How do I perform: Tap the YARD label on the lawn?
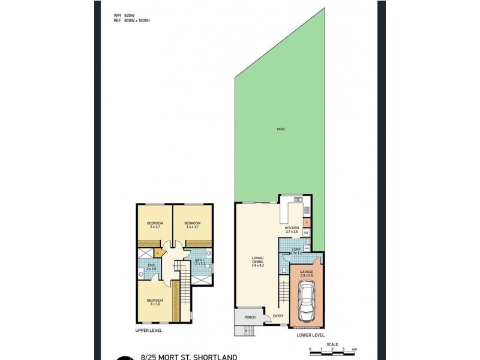(x=280, y=129)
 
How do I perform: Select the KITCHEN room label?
(x=292, y=229)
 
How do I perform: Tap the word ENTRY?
(x=277, y=316)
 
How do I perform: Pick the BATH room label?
(x=199, y=261)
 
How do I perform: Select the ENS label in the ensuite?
(x=151, y=267)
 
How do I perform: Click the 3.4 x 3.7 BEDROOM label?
(x=193, y=224)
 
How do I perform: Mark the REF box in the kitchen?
(x=306, y=232)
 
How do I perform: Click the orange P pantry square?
(x=306, y=223)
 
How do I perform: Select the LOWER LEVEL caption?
(x=311, y=336)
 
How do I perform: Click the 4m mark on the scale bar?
(x=355, y=349)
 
